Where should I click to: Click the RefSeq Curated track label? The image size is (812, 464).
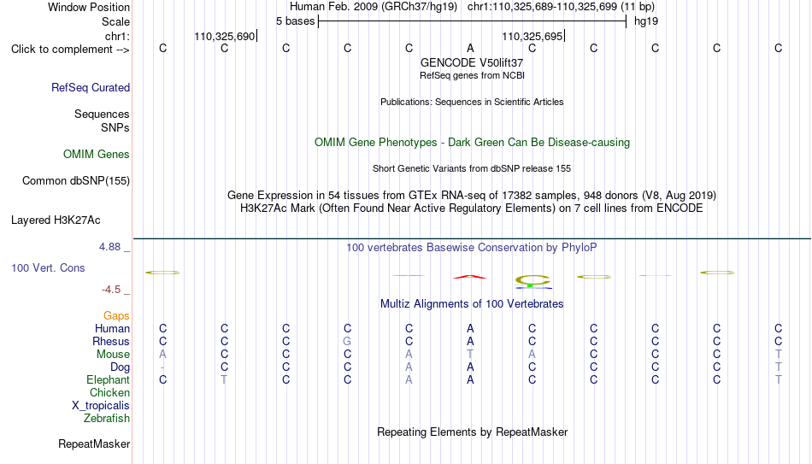[x=91, y=87]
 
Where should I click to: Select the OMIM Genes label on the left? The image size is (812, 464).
[x=97, y=155]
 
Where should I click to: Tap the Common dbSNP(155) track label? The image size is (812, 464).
[x=76, y=181]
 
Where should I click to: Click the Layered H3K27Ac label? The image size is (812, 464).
[x=56, y=220]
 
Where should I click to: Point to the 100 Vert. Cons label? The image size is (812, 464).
[x=48, y=267]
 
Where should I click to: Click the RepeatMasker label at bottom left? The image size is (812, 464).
[x=94, y=443]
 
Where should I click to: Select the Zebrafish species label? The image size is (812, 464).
[x=107, y=418]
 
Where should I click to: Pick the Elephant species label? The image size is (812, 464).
[x=108, y=379]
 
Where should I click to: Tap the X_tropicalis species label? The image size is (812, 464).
[x=101, y=406]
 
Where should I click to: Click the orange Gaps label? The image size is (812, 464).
[x=116, y=316]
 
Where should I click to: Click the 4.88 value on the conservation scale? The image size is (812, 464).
[x=109, y=247]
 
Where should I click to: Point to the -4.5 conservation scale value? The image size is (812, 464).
[x=111, y=290]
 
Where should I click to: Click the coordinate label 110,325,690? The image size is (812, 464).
[x=225, y=36]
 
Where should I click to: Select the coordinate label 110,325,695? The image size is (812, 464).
[x=533, y=36]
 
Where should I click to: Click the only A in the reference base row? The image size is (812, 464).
[x=470, y=48]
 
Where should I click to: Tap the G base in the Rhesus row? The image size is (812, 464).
[x=348, y=341]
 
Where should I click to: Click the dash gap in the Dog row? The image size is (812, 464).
[x=162, y=367]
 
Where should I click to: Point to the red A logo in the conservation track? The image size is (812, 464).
[x=470, y=277]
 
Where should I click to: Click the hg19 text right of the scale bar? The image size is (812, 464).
[x=646, y=21]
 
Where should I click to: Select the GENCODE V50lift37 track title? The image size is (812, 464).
[x=472, y=62]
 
